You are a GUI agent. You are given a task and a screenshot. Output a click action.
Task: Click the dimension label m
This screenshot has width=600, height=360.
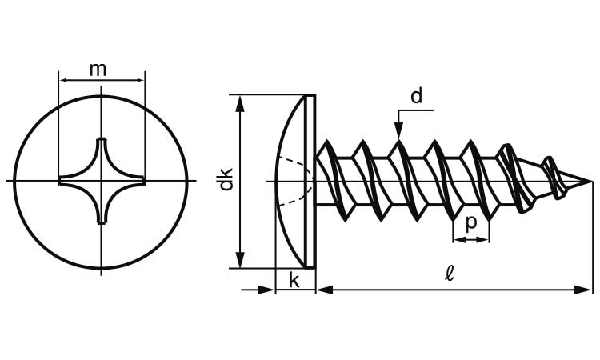[x=98, y=70]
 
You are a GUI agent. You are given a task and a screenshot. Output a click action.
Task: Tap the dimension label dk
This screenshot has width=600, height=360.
[x=226, y=178]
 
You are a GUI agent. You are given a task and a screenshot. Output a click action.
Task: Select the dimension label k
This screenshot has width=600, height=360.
[x=294, y=280]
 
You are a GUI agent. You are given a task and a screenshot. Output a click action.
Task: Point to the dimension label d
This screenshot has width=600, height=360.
[x=416, y=97]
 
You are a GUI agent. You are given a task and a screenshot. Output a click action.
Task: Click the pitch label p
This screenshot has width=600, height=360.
[x=471, y=222]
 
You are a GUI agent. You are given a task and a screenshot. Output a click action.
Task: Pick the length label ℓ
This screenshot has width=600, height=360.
[x=450, y=274]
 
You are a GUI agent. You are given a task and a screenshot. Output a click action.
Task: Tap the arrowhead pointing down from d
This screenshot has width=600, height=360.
[x=398, y=130]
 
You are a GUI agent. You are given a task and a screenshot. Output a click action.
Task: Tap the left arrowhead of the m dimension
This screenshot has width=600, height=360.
[x=65, y=79]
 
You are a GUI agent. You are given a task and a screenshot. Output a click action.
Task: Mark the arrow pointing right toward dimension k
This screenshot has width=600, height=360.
[x=267, y=289]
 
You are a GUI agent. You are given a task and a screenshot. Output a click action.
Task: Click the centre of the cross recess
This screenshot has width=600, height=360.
[x=102, y=181]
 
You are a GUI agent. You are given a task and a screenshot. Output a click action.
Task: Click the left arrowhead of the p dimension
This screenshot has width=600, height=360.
[x=458, y=238]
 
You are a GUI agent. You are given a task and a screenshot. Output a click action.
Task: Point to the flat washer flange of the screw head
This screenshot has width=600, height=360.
[x=311, y=181]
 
